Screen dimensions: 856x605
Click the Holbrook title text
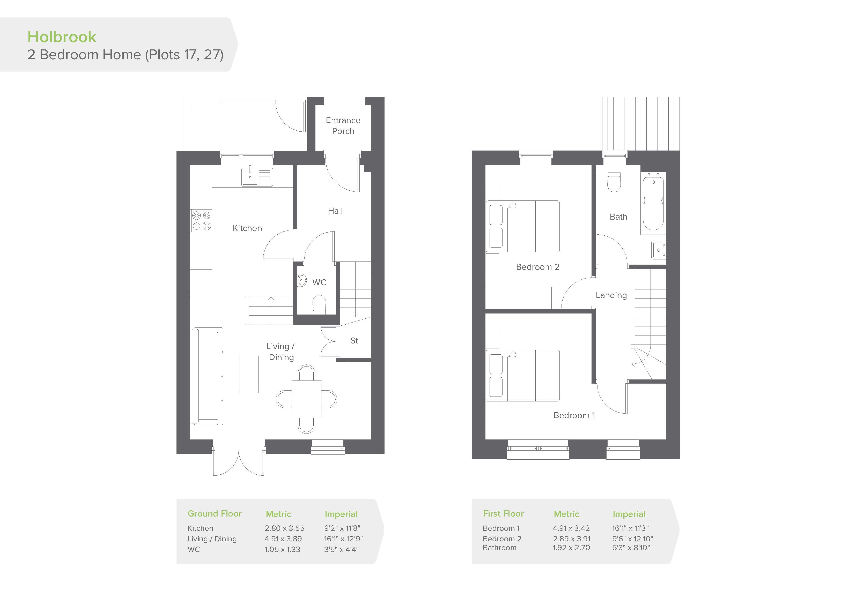pos(62,37)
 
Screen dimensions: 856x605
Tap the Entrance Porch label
pos(343,126)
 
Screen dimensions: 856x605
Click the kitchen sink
pos(257,177)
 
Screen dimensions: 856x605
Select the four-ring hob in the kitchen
pos(201,221)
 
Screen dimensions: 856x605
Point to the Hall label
pos(335,211)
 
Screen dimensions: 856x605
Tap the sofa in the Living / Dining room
pos(207,376)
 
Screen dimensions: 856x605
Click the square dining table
pos(306,399)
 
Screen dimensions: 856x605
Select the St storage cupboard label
pos(354,341)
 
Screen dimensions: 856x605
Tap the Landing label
pos(611,295)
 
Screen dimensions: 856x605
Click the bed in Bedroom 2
pos(523,226)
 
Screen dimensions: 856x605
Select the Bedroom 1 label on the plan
pos(574,415)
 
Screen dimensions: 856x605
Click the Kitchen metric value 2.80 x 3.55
pos(284,528)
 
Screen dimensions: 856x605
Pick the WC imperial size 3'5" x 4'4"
pos(341,549)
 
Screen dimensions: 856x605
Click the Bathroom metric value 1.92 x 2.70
pos(571,548)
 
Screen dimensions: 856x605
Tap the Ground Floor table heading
pos(214,514)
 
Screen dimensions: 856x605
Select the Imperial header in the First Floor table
pos(629,514)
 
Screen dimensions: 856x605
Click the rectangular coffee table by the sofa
pos(249,374)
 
